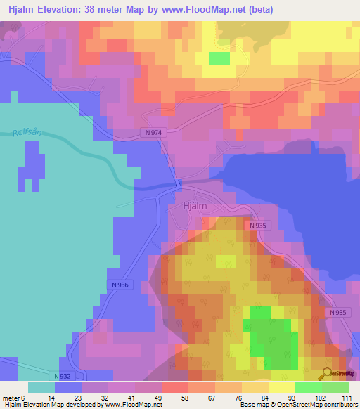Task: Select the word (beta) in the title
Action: tap(259, 10)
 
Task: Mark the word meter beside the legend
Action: tap(13, 398)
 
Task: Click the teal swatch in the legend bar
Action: tap(41, 387)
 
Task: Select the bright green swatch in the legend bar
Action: tap(309, 387)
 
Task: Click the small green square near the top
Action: tap(219, 58)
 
